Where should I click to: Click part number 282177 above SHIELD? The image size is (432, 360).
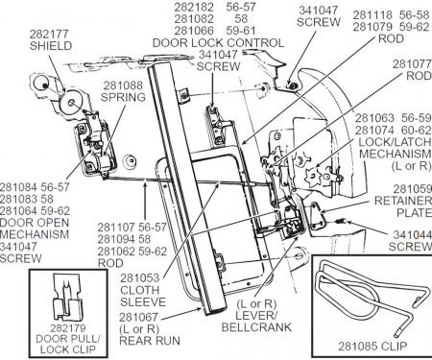49,34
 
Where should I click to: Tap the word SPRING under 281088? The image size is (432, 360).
123,97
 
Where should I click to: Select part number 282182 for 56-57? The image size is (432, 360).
194,7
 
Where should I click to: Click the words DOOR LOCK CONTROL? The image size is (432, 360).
218,42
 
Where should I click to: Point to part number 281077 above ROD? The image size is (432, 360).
412,64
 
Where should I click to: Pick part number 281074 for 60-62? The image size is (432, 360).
374,131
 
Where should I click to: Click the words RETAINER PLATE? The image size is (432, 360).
404,206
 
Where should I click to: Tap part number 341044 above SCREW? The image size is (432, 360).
413,234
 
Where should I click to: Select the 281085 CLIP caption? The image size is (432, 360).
372,346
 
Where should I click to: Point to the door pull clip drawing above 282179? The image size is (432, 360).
67,297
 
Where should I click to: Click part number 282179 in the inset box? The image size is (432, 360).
68,328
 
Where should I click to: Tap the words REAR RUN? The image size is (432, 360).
150,341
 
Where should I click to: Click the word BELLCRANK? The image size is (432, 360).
256,327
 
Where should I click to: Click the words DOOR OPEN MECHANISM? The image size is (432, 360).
35,228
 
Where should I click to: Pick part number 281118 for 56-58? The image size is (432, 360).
372,14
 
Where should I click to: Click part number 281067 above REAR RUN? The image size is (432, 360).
138,317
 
